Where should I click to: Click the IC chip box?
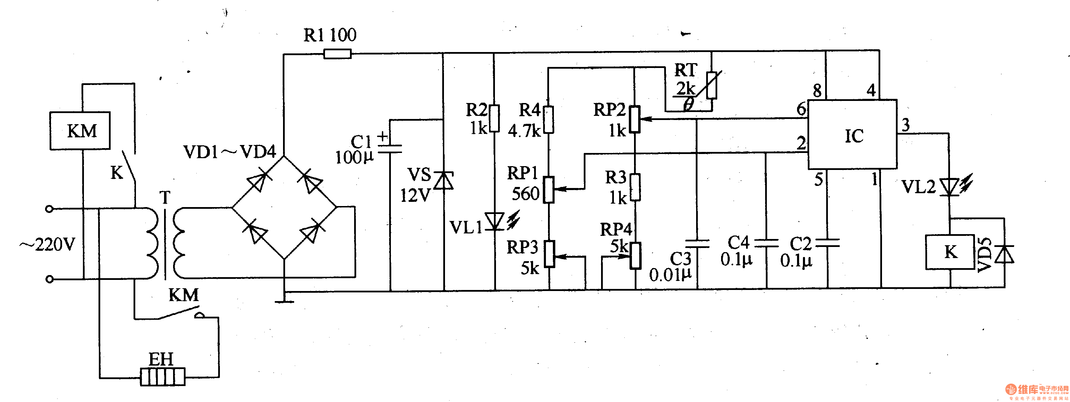(852, 135)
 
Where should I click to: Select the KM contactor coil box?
(80, 131)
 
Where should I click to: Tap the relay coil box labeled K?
(950, 252)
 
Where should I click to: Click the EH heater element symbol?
(162, 377)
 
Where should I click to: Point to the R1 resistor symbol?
(337, 53)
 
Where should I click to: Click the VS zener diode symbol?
(444, 181)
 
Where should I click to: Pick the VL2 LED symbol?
(950, 187)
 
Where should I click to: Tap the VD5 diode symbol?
(1004, 254)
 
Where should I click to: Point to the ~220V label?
(48, 245)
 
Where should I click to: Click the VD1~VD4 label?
(229, 152)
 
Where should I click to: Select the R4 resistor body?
(549, 120)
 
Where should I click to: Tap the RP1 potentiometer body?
(549, 190)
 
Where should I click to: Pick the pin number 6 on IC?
(801, 109)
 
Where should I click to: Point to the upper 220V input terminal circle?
(50, 209)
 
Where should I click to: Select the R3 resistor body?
(635, 187)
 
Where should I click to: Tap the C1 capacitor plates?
(390, 149)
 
